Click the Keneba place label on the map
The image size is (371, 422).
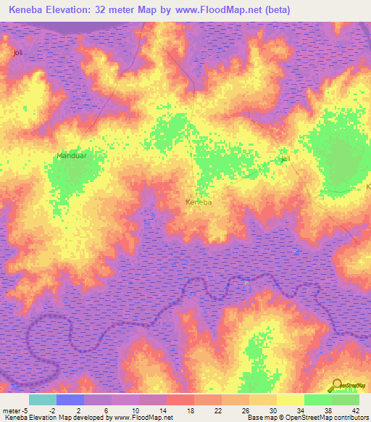point(199,202)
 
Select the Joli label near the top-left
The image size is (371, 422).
point(18,53)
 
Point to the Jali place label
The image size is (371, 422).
point(285,159)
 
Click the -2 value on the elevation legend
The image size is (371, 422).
point(53,410)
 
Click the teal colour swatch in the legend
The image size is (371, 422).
point(42,400)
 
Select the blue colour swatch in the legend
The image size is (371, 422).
point(70,400)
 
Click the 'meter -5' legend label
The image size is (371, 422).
point(15,410)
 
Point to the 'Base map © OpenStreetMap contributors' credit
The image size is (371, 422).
point(307,418)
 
